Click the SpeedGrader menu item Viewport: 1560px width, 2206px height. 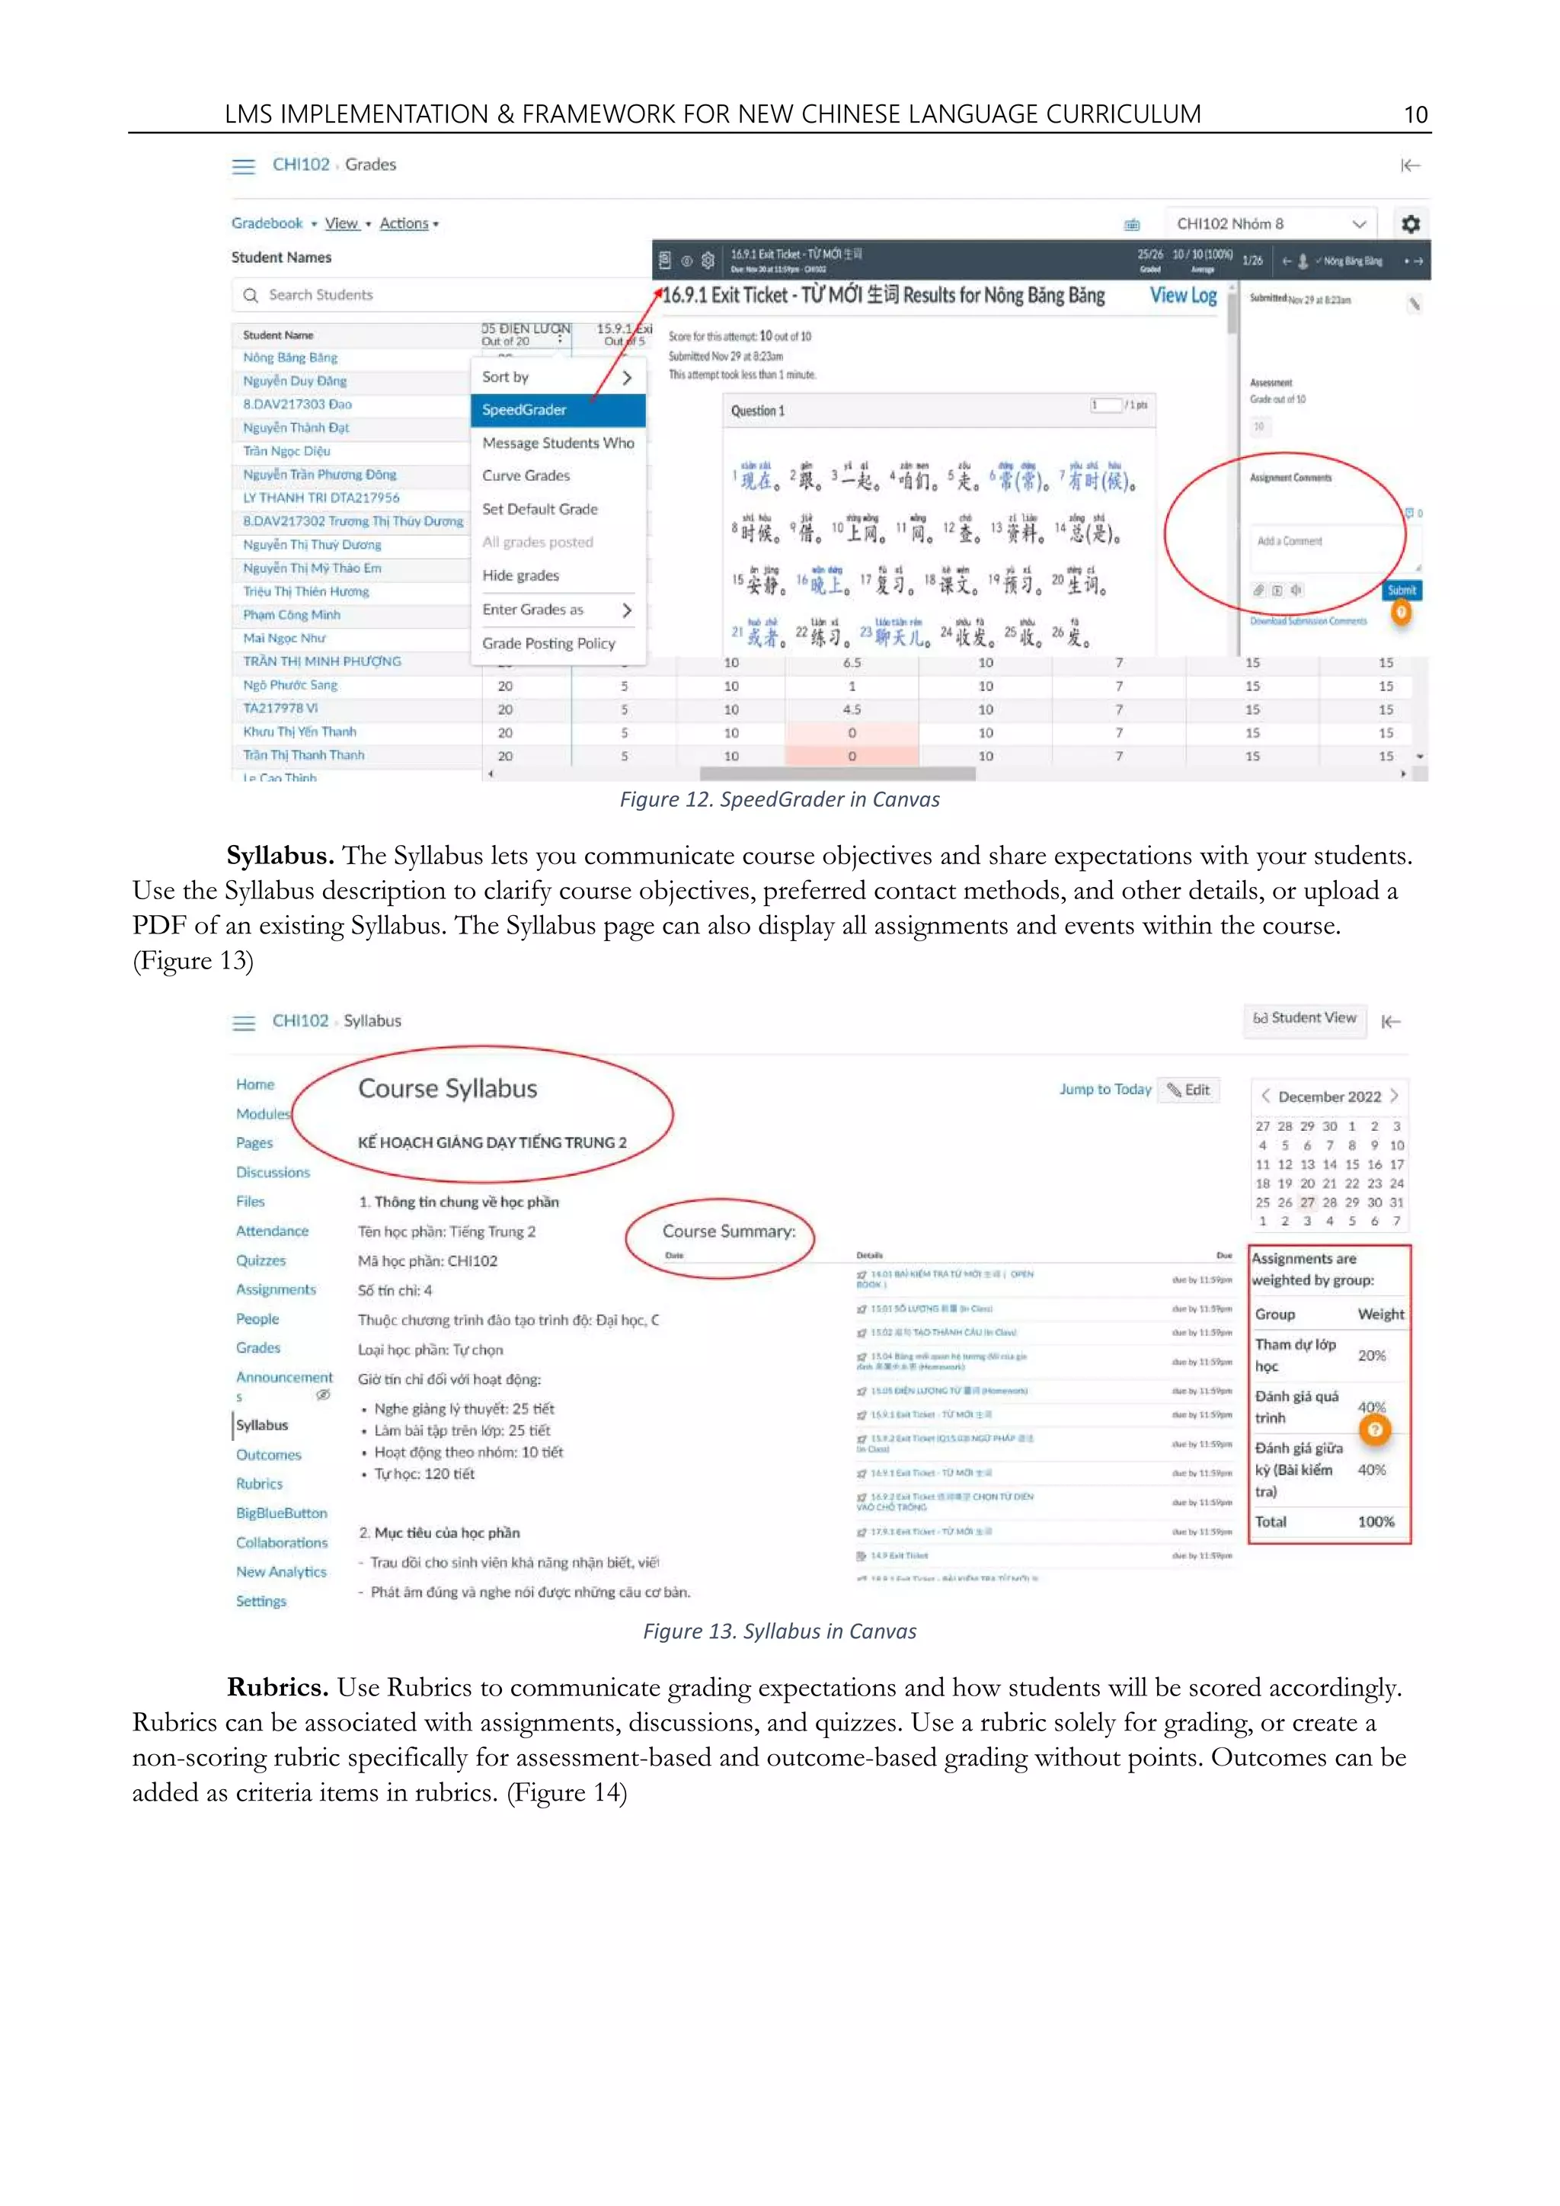[525, 410]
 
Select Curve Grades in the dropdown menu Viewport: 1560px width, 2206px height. [526, 475]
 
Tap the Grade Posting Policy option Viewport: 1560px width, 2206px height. [548, 644]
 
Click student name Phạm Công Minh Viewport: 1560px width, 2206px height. [292, 615]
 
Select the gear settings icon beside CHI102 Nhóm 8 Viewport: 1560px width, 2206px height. [1410, 224]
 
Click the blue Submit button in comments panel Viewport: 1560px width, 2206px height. [1402, 590]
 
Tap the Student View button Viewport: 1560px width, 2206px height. [1305, 1019]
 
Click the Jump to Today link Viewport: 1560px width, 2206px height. [1104, 1090]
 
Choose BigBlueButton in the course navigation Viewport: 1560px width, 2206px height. [281, 1513]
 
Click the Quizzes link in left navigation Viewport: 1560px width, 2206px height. [261, 1260]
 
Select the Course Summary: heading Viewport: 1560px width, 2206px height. [728, 1231]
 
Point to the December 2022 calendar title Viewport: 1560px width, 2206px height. [1329, 1097]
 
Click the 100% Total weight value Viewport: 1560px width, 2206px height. [1376, 1522]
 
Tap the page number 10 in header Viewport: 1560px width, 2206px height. [1415, 115]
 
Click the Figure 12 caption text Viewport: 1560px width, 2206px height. [779, 799]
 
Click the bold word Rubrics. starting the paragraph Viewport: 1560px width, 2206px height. [279, 1687]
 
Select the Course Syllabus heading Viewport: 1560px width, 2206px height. [448, 1089]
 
